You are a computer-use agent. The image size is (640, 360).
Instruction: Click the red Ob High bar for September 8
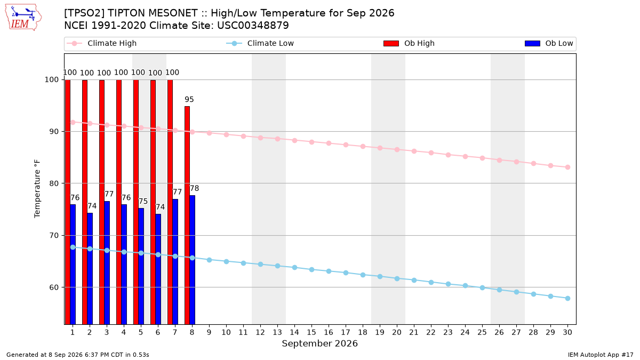(x=187, y=215)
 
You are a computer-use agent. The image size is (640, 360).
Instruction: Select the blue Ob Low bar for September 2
(x=90, y=269)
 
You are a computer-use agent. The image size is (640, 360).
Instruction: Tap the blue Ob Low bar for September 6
(x=158, y=269)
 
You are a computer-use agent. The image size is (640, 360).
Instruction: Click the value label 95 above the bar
(x=189, y=99)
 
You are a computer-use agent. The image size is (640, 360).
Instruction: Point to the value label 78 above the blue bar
(x=194, y=188)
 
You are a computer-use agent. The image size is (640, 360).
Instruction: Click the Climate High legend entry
(x=102, y=43)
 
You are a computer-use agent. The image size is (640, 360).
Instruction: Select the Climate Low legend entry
(x=260, y=43)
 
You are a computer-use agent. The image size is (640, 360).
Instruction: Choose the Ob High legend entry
(x=409, y=43)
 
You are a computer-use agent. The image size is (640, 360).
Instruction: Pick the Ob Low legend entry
(x=549, y=43)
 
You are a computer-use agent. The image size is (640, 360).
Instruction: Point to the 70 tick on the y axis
(x=54, y=236)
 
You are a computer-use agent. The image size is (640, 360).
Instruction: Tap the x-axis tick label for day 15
(x=311, y=332)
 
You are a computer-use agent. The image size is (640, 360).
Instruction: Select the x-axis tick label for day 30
(x=567, y=332)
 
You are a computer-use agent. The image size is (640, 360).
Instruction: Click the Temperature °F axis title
(x=37, y=189)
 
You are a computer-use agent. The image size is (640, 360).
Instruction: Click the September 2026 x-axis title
(x=319, y=343)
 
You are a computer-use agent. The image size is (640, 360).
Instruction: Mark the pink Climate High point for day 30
(x=567, y=167)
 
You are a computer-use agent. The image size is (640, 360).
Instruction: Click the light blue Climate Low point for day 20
(x=397, y=278)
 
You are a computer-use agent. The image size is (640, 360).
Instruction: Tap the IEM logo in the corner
(x=23, y=18)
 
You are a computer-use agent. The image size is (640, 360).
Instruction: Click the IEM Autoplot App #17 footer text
(x=601, y=355)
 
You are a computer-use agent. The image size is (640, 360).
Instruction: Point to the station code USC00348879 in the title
(x=253, y=26)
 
